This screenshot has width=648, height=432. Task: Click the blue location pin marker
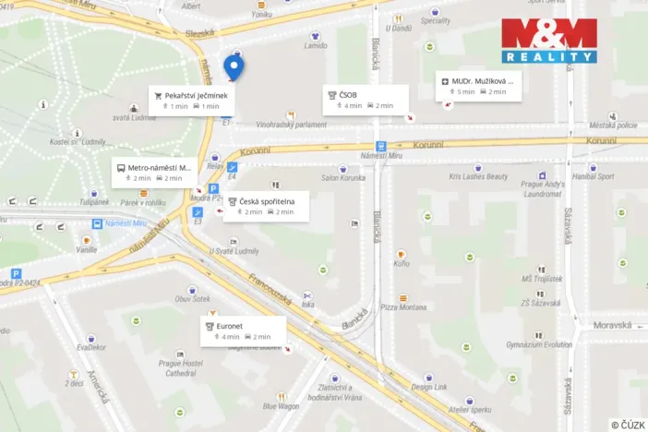pos(234,66)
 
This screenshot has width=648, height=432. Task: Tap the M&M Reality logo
pos(548,40)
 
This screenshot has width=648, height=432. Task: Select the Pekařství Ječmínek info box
pos(195,100)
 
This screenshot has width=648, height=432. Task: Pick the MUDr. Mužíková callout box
pos(479,86)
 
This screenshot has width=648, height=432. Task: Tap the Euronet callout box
pos(243,331)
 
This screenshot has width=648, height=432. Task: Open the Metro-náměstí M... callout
pos(154,173)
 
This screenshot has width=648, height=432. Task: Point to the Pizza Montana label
pos(404,306)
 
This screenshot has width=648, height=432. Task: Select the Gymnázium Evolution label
pos(538,344)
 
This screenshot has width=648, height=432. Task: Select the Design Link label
pos(429,387)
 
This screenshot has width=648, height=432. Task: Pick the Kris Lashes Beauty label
pos(478,176)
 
